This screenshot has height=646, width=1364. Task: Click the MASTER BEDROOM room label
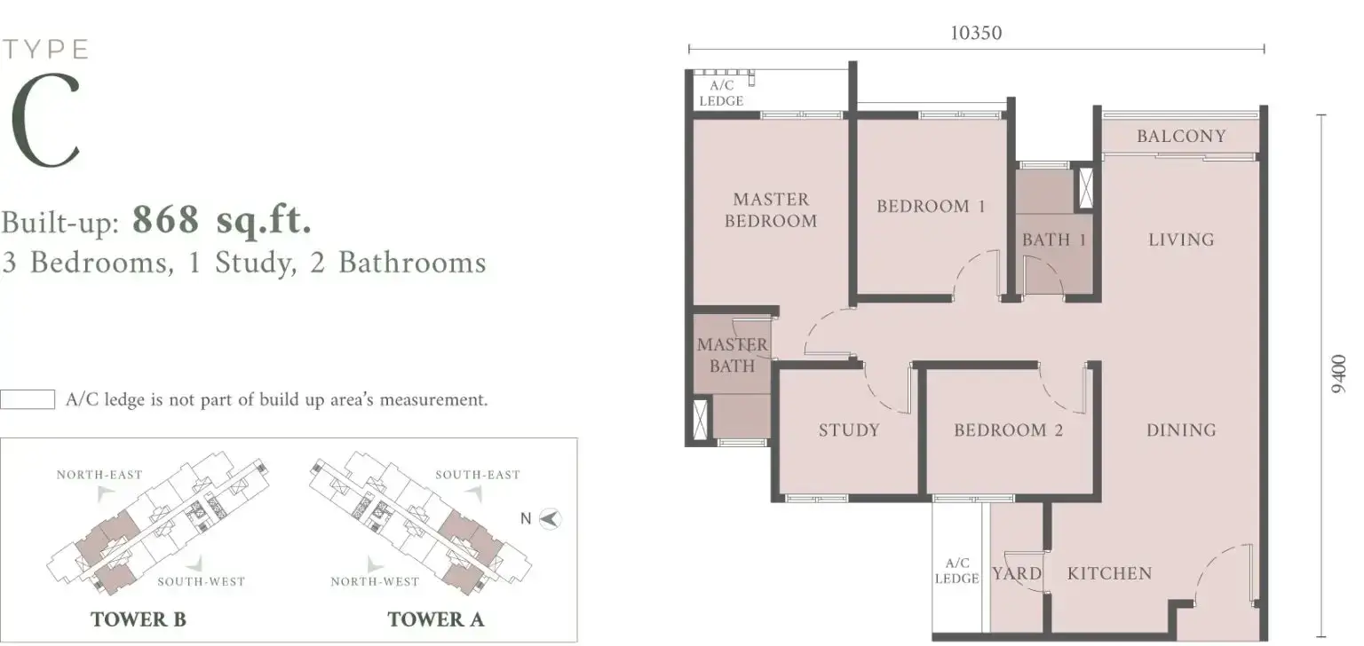[771, 209]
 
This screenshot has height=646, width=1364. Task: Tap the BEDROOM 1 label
[931, 206]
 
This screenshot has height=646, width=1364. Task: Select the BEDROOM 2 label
[1009, 430]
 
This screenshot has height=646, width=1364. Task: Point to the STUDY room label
[849, 430]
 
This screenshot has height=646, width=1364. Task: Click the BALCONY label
[1181, 136]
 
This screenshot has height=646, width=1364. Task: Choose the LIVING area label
[1181, 240]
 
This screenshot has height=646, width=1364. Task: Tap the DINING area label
[1181, 430]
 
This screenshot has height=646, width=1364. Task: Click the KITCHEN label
[1109, 573]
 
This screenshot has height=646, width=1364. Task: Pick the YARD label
[1016, 573]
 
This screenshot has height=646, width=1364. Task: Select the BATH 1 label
[1054, 240]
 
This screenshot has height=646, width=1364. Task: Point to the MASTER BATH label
[732, 355]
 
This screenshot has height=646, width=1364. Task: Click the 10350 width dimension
[976, 33]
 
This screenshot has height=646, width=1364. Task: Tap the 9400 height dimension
[1338, 374]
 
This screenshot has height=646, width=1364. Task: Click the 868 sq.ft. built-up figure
[222, 220]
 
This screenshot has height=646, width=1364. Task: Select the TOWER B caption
[139, 619]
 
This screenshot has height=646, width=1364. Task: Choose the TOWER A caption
[436, 619]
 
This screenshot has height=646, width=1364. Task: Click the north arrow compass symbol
[550, 519]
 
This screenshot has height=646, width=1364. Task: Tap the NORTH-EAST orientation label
[99, 475]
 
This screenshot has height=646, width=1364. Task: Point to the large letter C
[45, 121]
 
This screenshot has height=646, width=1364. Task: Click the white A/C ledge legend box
[28, 399]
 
